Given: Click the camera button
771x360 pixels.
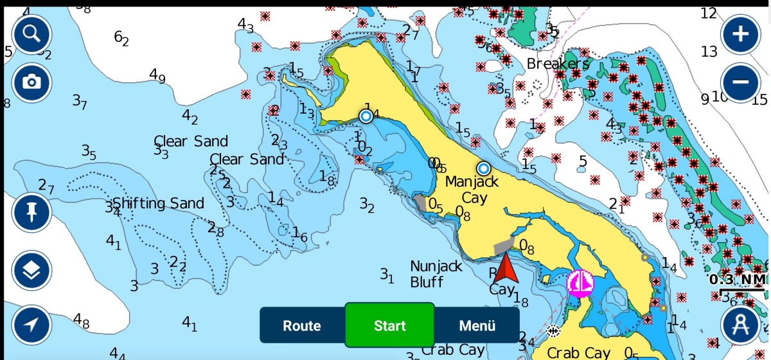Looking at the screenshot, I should point(31,82).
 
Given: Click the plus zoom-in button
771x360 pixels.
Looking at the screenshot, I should point(741,34).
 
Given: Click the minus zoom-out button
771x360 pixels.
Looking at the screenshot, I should point(741,82).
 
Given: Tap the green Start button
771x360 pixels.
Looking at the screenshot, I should point(390,325).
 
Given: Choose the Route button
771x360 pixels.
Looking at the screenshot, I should point(302,325).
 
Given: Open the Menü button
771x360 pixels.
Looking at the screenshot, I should point(477,325).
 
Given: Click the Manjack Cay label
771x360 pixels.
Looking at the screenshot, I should point(472,190).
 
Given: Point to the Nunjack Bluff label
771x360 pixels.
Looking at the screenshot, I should point(436,273).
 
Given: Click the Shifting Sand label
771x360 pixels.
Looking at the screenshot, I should point(159,204).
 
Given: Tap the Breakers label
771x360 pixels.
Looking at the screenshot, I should point(558,64).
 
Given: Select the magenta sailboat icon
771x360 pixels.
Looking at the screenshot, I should point(580,283).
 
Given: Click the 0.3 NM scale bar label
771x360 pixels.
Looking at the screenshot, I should point(736,280).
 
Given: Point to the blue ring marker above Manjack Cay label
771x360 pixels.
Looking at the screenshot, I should point(483,168).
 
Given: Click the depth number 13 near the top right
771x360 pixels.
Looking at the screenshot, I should point(709,51).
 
